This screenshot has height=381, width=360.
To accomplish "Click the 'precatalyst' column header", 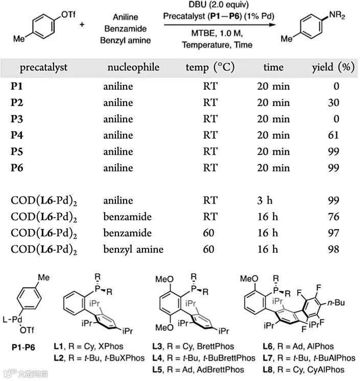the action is [43, 67].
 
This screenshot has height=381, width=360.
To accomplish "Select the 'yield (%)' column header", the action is [333, 67].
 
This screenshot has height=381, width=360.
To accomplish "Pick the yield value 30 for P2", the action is [334, 103].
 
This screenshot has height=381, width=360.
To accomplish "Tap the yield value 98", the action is [334, 249].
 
